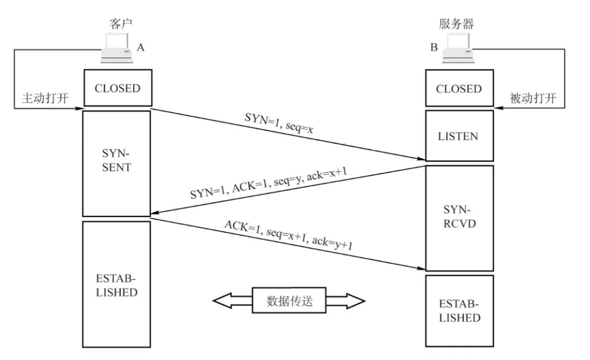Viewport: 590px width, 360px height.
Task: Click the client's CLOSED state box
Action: [x=117, y=88]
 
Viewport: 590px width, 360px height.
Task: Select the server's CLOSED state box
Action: [x=459, y=88]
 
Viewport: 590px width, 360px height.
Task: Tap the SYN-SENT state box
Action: [x=117, y=163]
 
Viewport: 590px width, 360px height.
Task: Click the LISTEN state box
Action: [x=459, y=136]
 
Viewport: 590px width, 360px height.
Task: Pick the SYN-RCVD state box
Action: [x=459, y=218]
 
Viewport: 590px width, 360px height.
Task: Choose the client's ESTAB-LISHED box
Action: [x=117, y=285]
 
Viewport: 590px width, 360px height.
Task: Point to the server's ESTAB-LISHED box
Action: [x=459, y=311]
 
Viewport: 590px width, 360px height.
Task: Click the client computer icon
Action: [x=116, y=49]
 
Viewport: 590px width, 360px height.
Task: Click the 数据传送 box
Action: [x=289, y=301]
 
